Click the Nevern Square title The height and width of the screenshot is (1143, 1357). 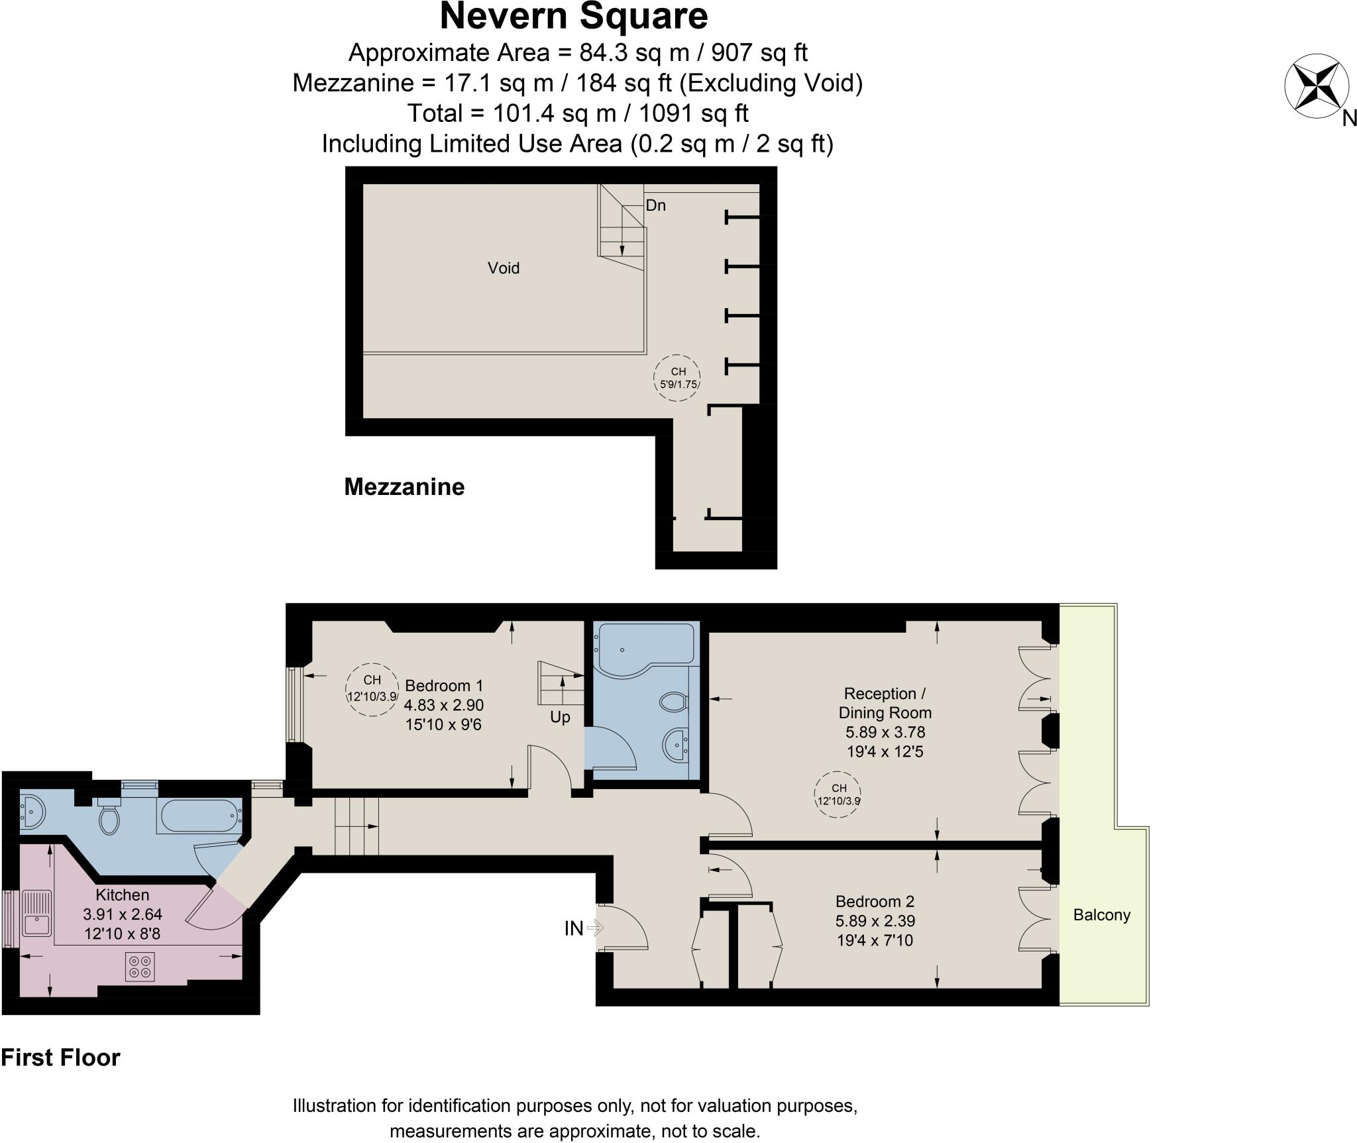click(x=574, y=17)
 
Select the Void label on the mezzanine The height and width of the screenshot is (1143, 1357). click(x=504, y=268)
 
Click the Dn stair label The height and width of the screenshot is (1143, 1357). click(x=656, y=205)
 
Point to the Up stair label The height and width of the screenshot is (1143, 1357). click(x=560, y=718)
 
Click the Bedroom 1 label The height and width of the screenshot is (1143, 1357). click(x=444, y=686)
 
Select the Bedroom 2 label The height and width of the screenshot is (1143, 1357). click(x=875, y=901)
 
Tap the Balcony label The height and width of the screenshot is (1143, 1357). click(x=1102, y=915)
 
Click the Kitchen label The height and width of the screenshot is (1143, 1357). click(x=123, y=895)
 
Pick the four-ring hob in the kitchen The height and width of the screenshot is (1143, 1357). click(x=140, y=967)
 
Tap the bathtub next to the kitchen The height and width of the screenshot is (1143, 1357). click(x=199, y=816)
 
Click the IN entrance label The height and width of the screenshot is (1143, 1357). click(x=574, y=929)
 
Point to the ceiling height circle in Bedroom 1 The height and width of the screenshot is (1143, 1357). click(x=372, y=690)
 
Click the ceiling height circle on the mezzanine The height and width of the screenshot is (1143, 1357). click(x=677, y=377)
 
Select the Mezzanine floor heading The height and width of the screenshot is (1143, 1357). click(x=404, y=487)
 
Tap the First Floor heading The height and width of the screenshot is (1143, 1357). click(x=60, y=1058)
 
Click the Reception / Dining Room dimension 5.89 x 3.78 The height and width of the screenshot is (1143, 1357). click(x=885, y=732)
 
